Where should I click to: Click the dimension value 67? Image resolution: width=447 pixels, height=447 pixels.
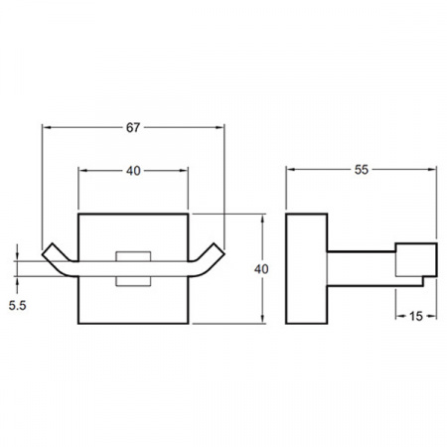(x=133, y=127)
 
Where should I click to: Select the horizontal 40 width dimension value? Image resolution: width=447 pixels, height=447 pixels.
(x=133, y=171)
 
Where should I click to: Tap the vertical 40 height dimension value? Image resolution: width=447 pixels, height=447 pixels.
(x=261, y=269)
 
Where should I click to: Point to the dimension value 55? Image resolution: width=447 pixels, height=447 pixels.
(x=362, y=170)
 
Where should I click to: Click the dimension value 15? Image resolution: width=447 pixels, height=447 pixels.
(x=416, y=316)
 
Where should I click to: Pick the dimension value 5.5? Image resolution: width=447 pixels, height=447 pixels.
(x=17, y=305)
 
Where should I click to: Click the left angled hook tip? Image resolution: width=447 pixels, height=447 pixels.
(x=48, y=249)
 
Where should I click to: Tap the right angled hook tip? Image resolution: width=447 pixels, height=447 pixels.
(x=220, y=249)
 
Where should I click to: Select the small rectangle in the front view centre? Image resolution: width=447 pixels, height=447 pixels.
(x=133, y=268)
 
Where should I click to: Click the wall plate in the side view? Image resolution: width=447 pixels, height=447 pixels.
(x=307, y=268)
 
